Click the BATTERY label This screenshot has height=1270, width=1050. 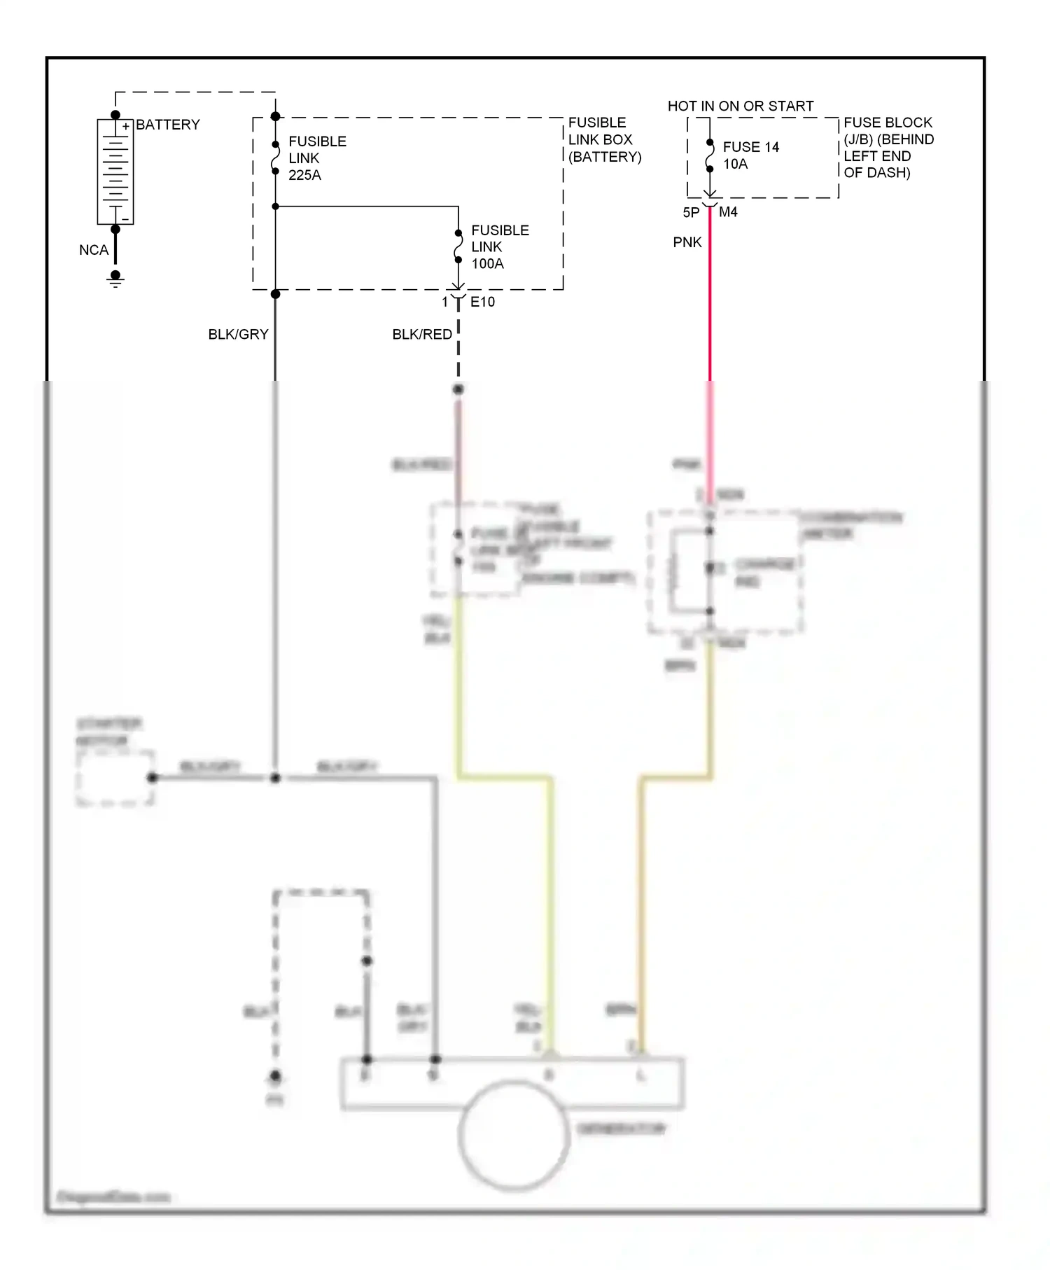pyautogui.click(x=167, y=125)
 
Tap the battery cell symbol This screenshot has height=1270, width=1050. pyautogui.click(x=115, y=172)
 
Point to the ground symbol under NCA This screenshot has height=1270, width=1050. pyautogui.click(x=115, y=279)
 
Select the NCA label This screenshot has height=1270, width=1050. pyautogui.click(x=94, y=250)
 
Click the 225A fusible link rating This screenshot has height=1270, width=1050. pyautogui.click(x=304, y=175)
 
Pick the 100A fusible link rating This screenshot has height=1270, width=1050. pyautogui.click(x=487, y=264)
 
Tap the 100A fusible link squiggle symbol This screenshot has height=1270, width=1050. pyautogui.click(x=458, y=246)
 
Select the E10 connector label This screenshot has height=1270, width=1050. pyautogui.click(x=482, y=302)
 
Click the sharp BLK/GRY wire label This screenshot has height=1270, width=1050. pyautogui.click(x=238, y=335)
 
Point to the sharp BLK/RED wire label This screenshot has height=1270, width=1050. pyautogui.click(x=422, y=335)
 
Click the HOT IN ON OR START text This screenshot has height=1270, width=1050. pyautogui.click(x=740, y=106)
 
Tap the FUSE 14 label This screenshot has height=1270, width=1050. pyautogui.click(x=750, y=147)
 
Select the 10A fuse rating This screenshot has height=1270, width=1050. pyautogui.click(x=735, y=164)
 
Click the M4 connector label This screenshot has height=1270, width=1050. pyautogui.click(x=728, y=212)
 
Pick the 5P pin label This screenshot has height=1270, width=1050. pyautogui.click(x=691, y=213)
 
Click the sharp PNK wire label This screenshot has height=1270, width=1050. pyautogui.click(x=687, y=242)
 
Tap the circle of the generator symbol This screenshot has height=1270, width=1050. pyautogui.click(x=513, y=1136)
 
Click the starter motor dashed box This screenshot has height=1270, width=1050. pyautogui.click(x=115, y=779)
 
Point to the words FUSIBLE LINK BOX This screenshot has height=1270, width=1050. pyautogui.click(x=600, y=131)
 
